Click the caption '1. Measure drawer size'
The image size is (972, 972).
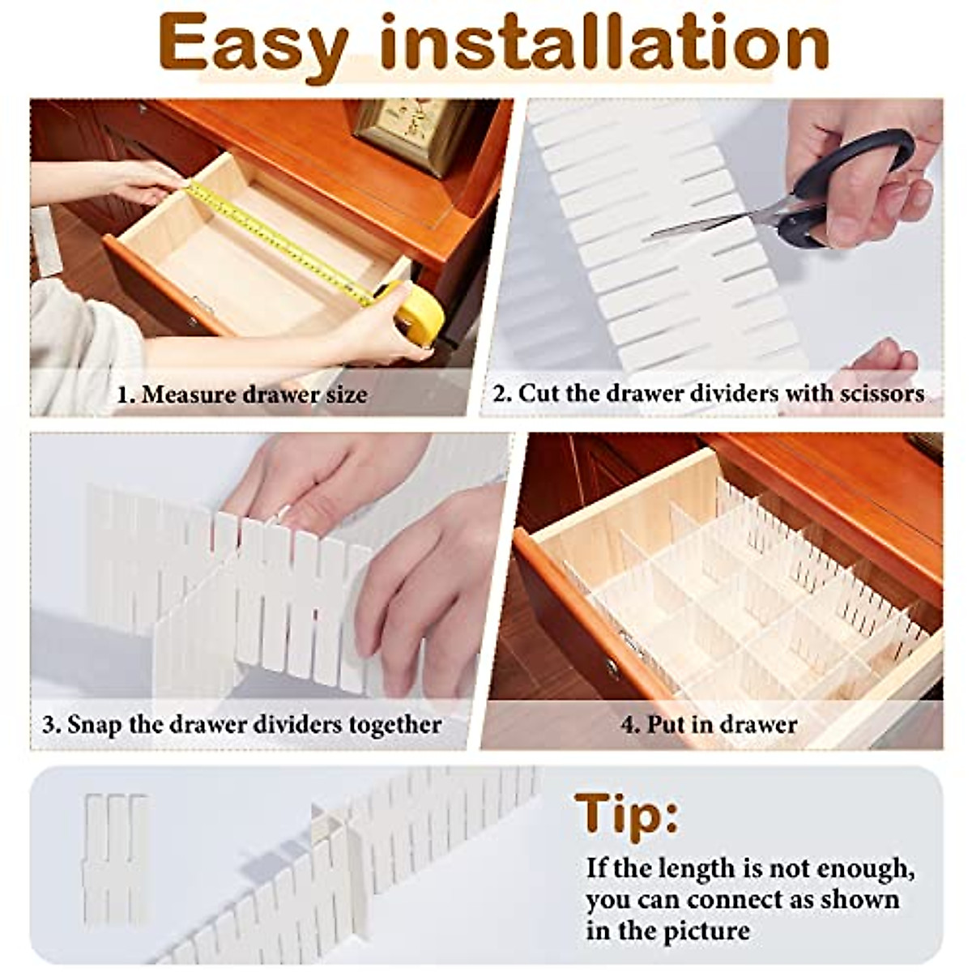pos(242,395)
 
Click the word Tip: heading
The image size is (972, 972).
pos(626,814)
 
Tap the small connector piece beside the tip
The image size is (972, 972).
pos(115,859)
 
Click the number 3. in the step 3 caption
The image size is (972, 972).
pos(51,723)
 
